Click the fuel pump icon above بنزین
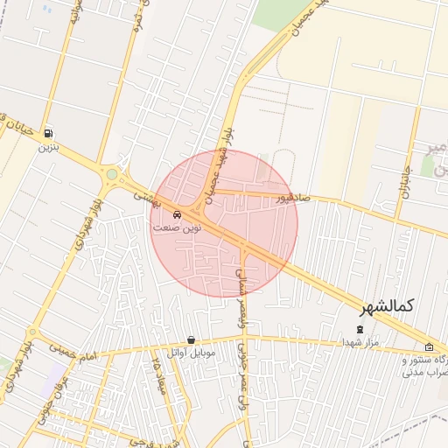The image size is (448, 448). click(x=45, y=134)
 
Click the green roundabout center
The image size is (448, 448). click(x=111, y=175)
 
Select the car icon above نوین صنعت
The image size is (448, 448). click(x=178, y=213)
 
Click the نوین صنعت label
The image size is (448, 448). click(x=177, y=227)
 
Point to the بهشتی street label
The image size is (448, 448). click(x=143, y=199)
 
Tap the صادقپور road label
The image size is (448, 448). click(x=293, y=198)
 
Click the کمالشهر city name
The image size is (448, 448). click(x=388, y=307)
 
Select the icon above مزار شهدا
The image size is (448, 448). click(x=359, y=329)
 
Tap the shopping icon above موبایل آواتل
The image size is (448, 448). click(x=191, y=339)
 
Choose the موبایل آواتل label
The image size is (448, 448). click(x=191, y=353)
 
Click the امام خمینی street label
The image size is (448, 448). click(x=75, y=353)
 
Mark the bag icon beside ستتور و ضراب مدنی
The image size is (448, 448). click(x=429, y=347)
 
